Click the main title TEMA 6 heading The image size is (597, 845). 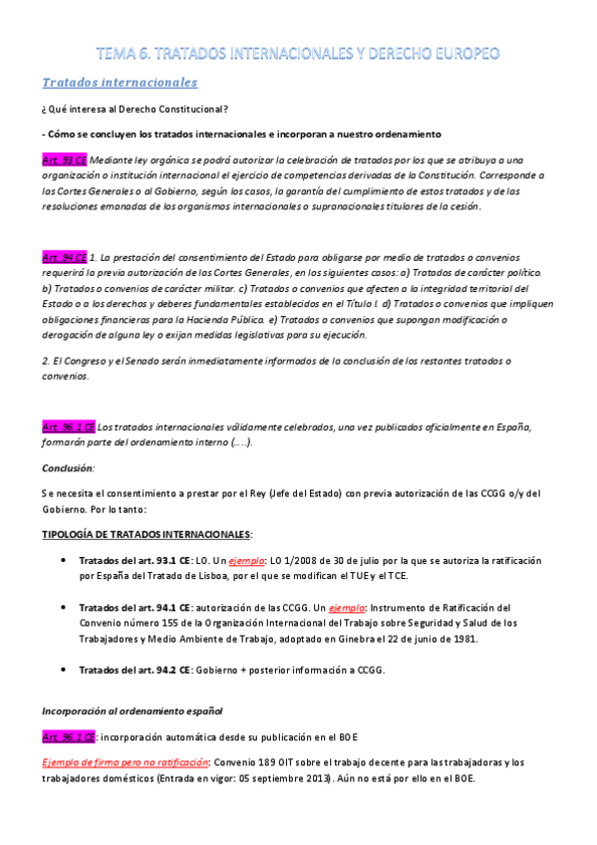click(298, 52)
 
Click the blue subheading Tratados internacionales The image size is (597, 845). click(119, 82)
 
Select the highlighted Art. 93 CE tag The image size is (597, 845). click(64, 159)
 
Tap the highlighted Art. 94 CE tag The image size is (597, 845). click(64, 256)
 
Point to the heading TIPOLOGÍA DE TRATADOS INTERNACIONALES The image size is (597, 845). click(147, 534)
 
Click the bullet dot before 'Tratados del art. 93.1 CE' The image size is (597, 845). click(65, 560)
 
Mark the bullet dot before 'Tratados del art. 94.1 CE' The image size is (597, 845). click(65, 606)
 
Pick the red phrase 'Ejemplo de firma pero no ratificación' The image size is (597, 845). click(119, 762)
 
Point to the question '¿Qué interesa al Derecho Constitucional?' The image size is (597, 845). click(135, 109)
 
